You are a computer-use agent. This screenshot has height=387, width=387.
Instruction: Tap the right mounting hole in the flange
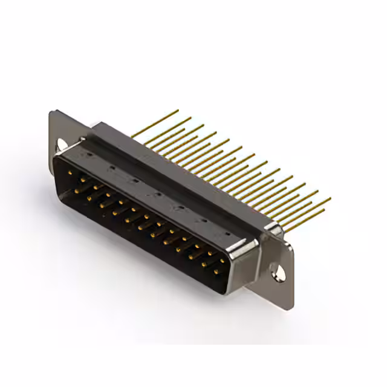click(281, 272)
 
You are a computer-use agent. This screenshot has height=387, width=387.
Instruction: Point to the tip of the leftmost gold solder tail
click(177, 111)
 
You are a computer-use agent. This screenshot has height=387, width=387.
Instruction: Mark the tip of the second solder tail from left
click(190, 118)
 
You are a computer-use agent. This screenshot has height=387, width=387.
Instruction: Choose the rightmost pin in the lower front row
click(216, 272)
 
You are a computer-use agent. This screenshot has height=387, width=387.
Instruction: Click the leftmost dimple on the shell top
click(88, 155)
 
